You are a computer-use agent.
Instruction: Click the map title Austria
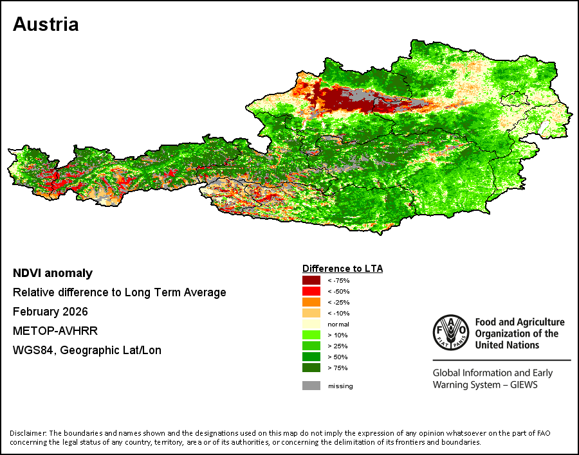(46, 24)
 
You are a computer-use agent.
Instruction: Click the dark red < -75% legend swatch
(311, 280)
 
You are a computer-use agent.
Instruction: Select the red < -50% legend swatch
(311, 291)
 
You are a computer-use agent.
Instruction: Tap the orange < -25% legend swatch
(311, 302)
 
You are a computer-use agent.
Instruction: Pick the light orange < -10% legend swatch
(311, 313)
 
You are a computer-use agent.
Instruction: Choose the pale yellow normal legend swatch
(311, 324)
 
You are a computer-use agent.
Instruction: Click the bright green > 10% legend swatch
(311, 335)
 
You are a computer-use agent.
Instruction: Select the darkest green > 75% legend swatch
(311, 368)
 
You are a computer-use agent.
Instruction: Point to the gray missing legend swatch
(311, 386)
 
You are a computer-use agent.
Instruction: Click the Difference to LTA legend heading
(342, 268)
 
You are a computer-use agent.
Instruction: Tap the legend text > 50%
(338, 357)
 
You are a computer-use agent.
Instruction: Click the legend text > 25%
(338, 346)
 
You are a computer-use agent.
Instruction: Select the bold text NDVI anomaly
(53, 273)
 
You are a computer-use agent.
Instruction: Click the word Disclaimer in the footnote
(27, 433)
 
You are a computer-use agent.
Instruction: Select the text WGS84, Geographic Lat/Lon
(87, 350)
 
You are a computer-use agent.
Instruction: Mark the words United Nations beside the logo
(507, 344)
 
